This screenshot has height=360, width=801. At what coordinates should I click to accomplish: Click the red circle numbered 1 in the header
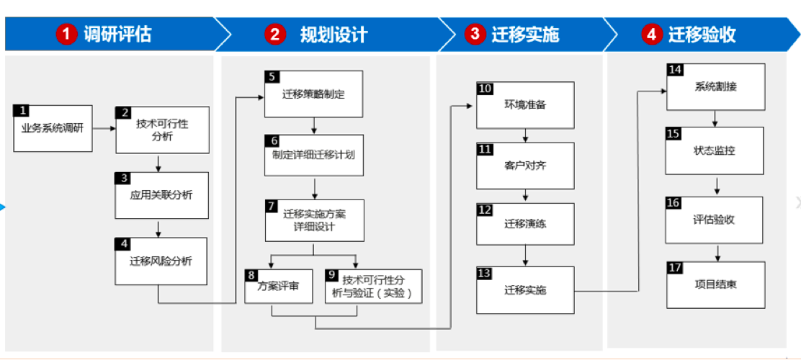[66, 35]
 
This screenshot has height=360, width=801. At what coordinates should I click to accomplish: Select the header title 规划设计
[334, 35]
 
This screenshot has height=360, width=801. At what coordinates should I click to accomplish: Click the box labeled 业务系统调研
[53, 128]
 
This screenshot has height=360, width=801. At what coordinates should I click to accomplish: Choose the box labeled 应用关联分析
[162, 195]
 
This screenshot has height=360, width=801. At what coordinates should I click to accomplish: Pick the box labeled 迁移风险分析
[161, 261]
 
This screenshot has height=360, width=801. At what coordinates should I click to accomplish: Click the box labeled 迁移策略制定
[313, 94]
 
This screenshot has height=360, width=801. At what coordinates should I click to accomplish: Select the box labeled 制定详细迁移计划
[314, 155]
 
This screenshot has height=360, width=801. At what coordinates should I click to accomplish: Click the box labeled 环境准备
[525, 104]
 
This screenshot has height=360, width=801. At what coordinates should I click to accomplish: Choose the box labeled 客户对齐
[525, 166]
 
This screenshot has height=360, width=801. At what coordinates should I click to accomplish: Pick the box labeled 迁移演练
[525, 224]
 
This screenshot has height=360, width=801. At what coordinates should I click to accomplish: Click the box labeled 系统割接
[716, 86]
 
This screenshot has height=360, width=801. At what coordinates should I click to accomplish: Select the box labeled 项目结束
[716, 284]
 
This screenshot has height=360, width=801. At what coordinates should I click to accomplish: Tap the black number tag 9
[331, 275]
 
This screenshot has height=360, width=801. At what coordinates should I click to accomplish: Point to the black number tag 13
[484, 272]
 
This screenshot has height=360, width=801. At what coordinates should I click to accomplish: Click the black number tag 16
[674, 203]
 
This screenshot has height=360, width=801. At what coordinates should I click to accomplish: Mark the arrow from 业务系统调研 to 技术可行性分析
[104, 129]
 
